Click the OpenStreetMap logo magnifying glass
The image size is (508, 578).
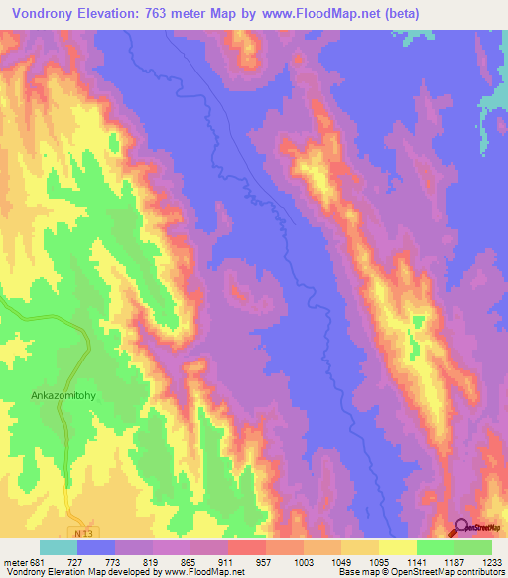(x=462, y=527)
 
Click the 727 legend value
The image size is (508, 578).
(x=96, y=562)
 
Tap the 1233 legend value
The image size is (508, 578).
(x=491, y=562)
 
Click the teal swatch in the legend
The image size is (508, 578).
(x=59, y=547)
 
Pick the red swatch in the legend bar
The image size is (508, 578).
(x=246, y=547)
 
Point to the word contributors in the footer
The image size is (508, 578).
(x=479, y=572)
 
